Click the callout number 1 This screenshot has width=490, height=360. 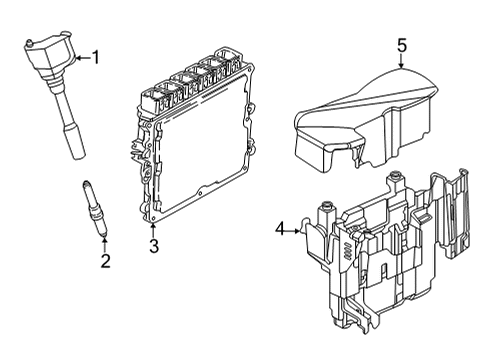click(x=96, y=57)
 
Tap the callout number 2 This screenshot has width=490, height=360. click(x=103, y=263)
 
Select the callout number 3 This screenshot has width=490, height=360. click(x=154, y=246)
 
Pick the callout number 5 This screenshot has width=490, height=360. click(x=402, y=45)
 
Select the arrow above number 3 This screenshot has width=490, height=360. click(x=154, y=229)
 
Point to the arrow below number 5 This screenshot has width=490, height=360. click(x=402, y=62)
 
